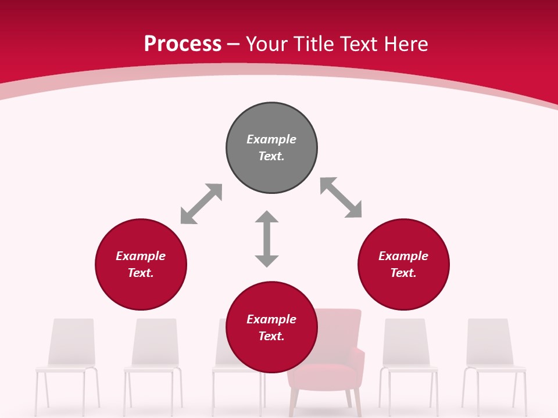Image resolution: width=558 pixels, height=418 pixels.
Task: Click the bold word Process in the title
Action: coord(183,44)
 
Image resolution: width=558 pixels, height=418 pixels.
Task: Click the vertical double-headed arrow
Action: coord(267,239)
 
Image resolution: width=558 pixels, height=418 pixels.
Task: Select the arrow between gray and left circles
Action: coord(201,204)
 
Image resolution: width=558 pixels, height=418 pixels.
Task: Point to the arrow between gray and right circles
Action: coord(341,197)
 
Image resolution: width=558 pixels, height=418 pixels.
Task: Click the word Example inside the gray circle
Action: coord(271,139)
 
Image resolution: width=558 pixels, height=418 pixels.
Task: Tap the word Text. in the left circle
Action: coord(141,273)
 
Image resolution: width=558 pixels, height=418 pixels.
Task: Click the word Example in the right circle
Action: coord(403,256)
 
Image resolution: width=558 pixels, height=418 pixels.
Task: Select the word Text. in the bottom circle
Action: coord(271,336)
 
